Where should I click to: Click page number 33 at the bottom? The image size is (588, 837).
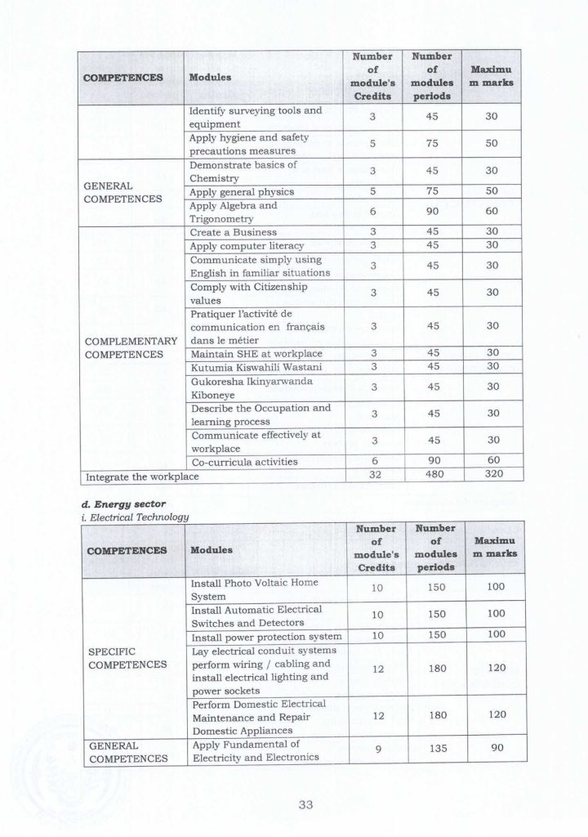305,805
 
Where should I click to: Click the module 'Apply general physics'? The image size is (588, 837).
241,192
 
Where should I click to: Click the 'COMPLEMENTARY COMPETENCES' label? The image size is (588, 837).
131,347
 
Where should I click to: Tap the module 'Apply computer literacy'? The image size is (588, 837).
246,246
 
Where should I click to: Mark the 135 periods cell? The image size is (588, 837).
433,748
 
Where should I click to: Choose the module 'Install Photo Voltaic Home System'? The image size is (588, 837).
252,590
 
